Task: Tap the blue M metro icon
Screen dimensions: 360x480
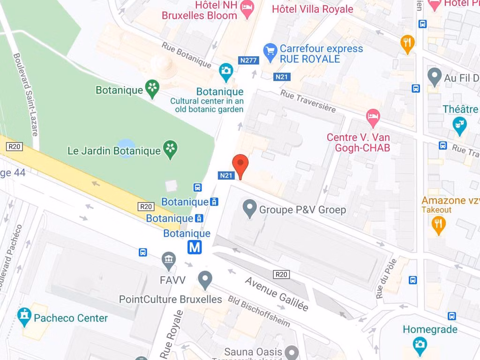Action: point(195,247)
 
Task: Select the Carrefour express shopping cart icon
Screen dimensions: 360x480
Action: point(270,52)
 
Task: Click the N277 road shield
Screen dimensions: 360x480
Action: point(248,60)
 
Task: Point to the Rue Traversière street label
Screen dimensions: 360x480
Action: point(308,101)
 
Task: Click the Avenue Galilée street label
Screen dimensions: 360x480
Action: point(277,294)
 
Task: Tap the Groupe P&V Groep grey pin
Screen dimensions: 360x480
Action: point(249,207)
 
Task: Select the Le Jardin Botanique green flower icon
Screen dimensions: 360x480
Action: point(171,150)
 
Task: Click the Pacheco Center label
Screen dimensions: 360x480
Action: point(70,318)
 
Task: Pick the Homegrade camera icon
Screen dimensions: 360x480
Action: point(420,345)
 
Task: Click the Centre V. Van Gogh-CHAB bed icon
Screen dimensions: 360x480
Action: point(373,117)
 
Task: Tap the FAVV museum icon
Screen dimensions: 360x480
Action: point(168,259)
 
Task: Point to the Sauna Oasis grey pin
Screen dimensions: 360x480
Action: point(292,352)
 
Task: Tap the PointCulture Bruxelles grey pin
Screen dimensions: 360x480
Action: point(205,279)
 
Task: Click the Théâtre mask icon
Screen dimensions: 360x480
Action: point(460,125)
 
